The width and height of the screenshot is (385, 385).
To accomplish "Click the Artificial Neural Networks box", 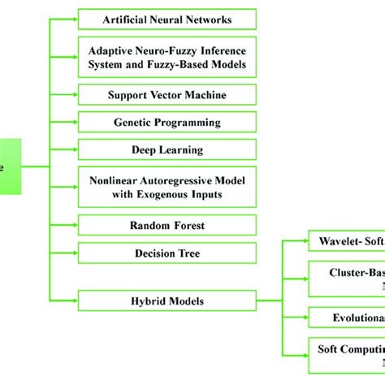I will coord(167,19).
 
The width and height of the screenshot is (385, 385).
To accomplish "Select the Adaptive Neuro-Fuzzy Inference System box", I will coord(167,56).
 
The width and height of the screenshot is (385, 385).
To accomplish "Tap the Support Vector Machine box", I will coord(167,95).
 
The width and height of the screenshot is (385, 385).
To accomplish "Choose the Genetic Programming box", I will coord(167,123).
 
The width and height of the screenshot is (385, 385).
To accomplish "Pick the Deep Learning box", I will coord(167,150).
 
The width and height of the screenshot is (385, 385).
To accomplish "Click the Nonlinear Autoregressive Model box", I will coord(167,187).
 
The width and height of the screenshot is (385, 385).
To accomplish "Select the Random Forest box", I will coord(167,225).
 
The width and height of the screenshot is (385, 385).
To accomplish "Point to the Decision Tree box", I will coord(167,253).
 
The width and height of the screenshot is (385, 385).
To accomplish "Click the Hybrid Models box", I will coord(167,301).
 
